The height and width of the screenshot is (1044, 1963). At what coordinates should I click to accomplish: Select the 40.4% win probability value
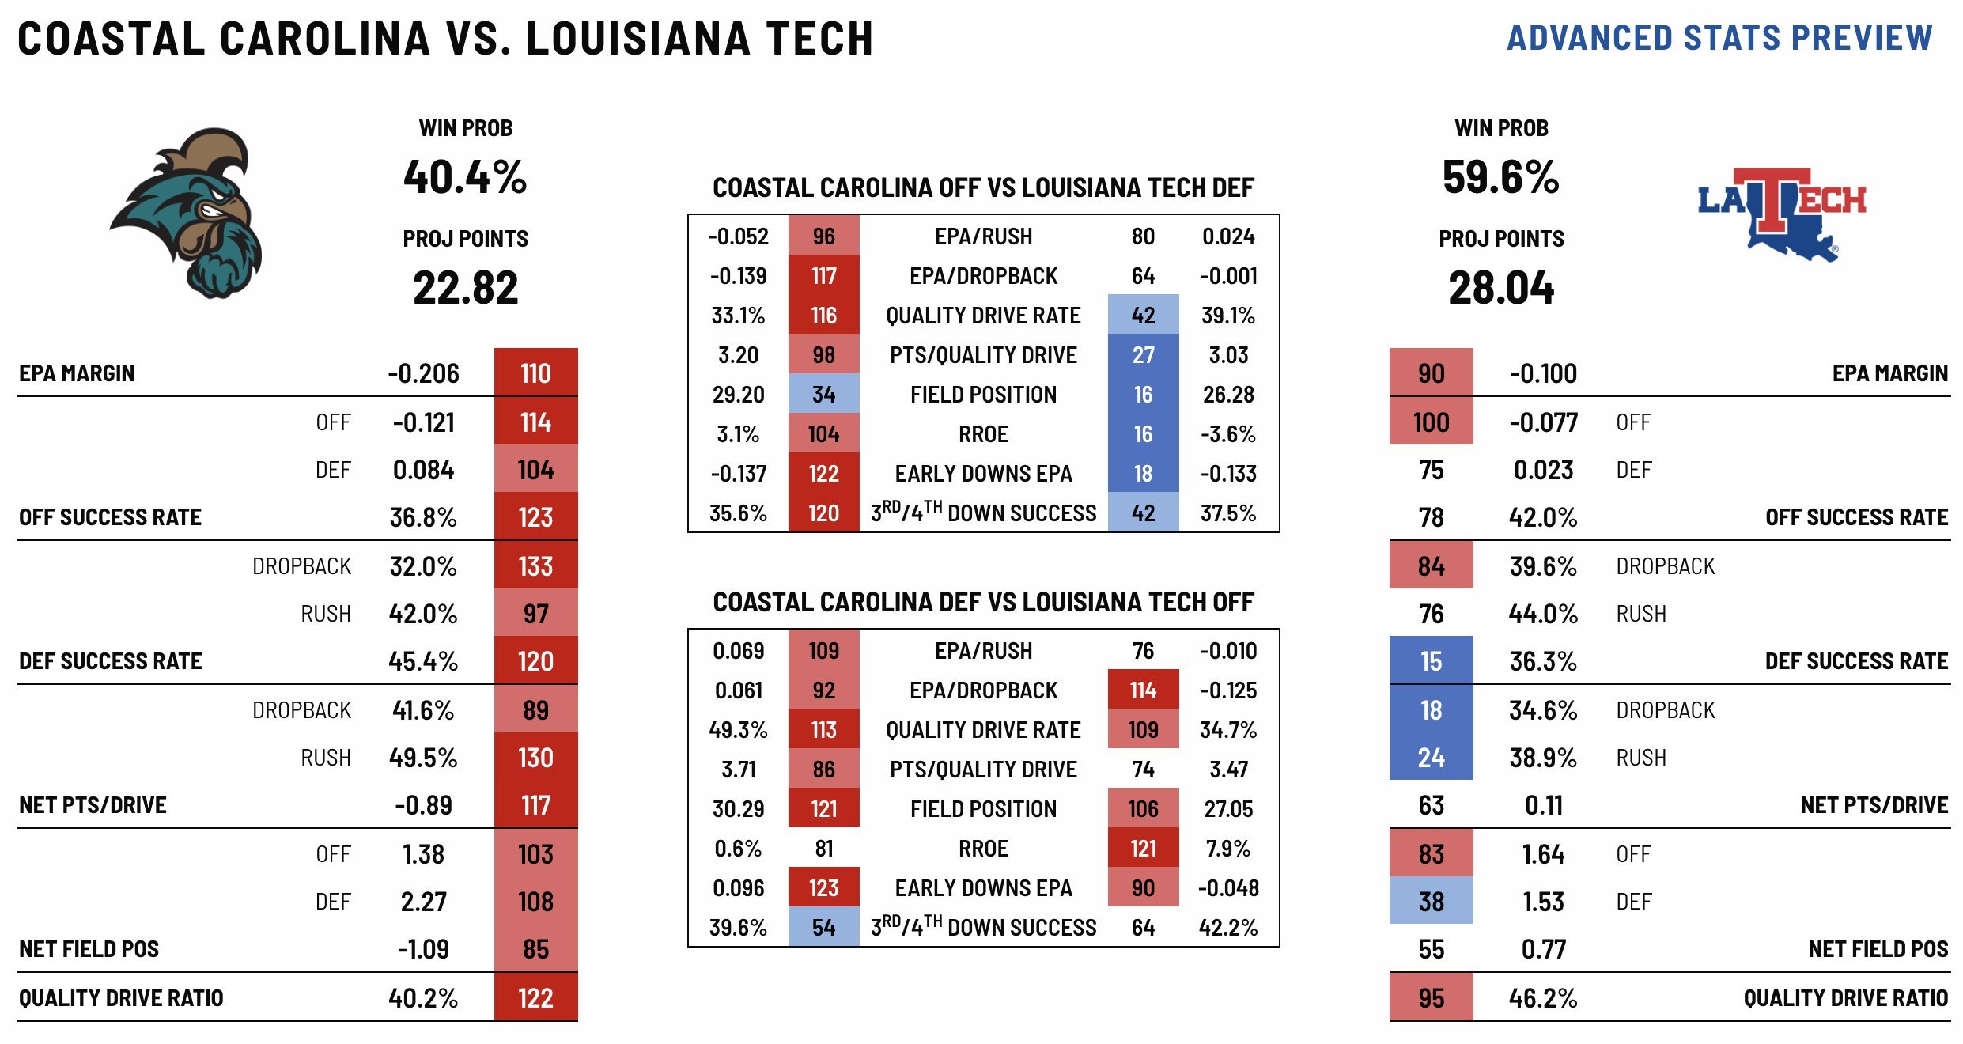pyautogui.click(x=465, y=177)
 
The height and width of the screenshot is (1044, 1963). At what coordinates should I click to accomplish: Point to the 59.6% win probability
pyautogui.click(x=1500, y=177)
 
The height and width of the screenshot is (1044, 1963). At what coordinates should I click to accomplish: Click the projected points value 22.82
pyautogui.click(x=465, y=288)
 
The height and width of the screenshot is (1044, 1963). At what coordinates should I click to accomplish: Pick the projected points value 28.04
pyautogui.click(x=1500, y=288)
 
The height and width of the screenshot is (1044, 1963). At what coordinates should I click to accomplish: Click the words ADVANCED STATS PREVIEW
pyautogui.click(x=1719, y=38)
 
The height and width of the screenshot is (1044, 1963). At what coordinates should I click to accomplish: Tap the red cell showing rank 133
pyautogui.click(x=535, y=566)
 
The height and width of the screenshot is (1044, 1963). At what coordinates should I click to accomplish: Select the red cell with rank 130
pyautogui.click(x=535, y=758)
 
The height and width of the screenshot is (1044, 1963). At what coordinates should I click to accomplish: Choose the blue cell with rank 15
pyautogui.click(x=1431, y=661)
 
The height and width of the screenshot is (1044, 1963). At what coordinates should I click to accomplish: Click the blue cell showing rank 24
pyautogui.click(x=1431, y=758)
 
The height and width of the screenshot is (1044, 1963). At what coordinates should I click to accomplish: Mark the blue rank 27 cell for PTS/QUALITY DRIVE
pyautogui.click(x=1143, y=355)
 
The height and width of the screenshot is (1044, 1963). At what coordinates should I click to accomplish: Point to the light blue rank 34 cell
pyautogui.click(x=823, y=395)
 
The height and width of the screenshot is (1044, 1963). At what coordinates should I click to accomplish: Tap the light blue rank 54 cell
pyautogui.click(x=823, y=928)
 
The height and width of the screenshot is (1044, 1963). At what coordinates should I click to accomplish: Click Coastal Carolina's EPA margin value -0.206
pyautogui.click(x=423, y=373)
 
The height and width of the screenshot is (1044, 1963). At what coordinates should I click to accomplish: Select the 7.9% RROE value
pyautogui.click(x=1227, y=849)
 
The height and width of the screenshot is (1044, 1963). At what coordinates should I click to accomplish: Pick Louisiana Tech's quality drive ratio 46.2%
pyautogui.click(x=1542, y=998)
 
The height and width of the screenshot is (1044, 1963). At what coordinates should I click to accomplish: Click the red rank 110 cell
pyautogui.click(x=535, y=373)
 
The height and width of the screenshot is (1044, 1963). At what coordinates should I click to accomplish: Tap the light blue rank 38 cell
pyautogui.click(x=1431, y=902)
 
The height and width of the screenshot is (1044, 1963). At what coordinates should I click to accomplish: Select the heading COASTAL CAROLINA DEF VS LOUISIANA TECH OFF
pyautogui.click(x=983, y=603)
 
